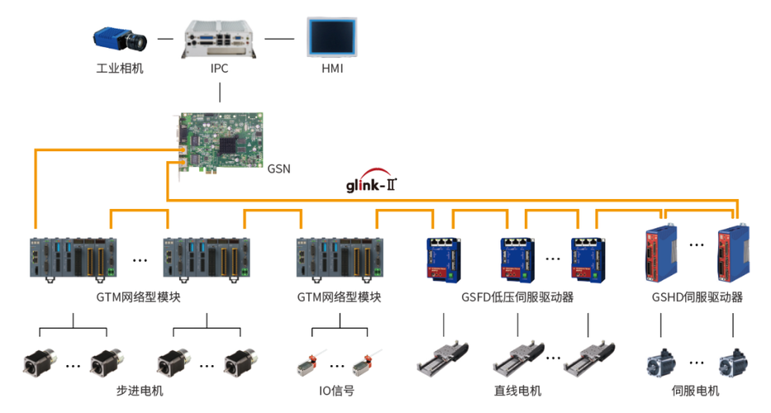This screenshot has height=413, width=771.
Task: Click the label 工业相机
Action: (120, 69)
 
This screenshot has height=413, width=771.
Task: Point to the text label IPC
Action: (219, 69)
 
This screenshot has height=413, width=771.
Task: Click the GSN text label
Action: (278, 169)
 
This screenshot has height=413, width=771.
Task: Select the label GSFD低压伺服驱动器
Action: (517, 297)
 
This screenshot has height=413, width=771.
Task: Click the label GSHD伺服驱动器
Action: (697, 297)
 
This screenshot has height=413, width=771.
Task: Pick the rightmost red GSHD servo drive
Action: (734, 253)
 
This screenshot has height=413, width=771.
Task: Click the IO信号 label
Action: (336, 391)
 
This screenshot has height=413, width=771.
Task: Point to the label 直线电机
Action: (516, 391)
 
